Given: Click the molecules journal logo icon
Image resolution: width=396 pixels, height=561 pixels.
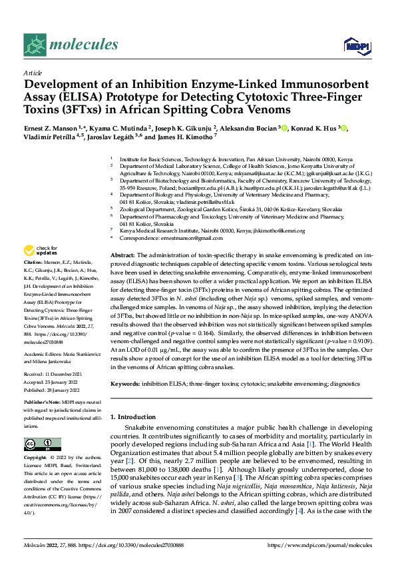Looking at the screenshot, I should [35, 45].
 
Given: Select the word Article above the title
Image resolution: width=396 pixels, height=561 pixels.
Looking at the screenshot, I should [33, 73].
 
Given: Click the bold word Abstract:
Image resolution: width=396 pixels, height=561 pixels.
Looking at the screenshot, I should [123, 256].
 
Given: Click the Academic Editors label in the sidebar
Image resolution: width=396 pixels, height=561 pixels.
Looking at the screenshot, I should [45, 336].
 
